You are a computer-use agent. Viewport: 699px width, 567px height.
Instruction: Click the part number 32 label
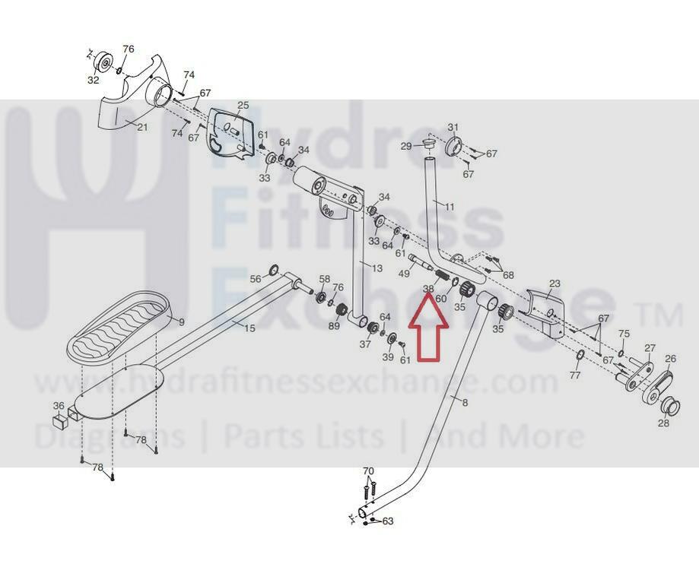(x=94, y=80)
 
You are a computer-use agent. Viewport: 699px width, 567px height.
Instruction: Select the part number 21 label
(x=141, y=127)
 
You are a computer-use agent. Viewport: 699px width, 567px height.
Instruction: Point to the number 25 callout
(x=243, y=105)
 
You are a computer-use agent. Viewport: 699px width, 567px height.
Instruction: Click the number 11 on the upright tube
(x=450, y=206)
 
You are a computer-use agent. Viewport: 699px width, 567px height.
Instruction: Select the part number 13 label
(x=377, y=268)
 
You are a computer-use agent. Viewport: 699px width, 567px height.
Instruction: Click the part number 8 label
(x=465, y=402)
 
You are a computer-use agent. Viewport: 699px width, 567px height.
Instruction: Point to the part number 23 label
(x=554, y=283)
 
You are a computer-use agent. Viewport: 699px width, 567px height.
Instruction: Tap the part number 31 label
(x=453, y=127)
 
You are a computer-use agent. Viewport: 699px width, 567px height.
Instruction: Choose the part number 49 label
(x=404, y=273)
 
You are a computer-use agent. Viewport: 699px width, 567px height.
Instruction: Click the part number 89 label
(x=334, y=326)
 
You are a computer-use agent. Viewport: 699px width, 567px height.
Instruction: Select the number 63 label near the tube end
(x=387, y=521)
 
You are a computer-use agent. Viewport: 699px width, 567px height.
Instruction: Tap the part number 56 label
(x=256, y=279)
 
